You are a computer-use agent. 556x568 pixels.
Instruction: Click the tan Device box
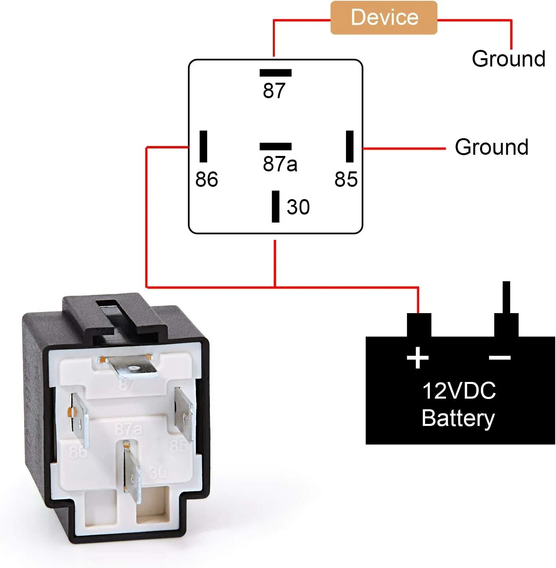[x=384, y=18]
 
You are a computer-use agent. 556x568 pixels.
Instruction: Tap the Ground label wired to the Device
[x=509, y=59]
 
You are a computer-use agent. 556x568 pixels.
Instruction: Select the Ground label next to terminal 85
[x=492, y=147]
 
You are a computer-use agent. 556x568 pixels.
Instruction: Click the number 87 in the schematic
[x=274, y=91]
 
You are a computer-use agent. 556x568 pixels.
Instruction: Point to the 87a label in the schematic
[x=280, y=163]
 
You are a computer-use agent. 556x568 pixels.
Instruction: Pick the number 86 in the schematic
[x=206, y=179]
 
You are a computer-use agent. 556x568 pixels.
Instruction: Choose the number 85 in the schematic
[x=346, y=179]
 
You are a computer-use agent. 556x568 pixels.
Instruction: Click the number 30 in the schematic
[x=298, y=207]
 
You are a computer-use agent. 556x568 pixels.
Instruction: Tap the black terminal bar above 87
[x=276, y=73]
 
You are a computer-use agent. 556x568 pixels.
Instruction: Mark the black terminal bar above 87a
[x=276, y=146]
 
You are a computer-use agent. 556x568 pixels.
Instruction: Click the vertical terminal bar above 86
[x=203, y=146]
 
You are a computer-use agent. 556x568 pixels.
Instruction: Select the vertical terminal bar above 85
[x=350, y=146]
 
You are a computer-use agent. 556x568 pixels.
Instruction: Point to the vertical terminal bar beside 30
[x=276, y=207]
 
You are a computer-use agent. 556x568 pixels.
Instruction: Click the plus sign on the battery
[x=418, y=358]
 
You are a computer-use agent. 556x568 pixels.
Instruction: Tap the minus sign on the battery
[x=500, y=358]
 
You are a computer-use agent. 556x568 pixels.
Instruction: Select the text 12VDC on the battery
[x=459, y=391]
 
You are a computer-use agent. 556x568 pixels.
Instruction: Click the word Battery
[x=458, y=418]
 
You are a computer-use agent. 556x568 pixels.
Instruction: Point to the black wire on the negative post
[x=506, y=297]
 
